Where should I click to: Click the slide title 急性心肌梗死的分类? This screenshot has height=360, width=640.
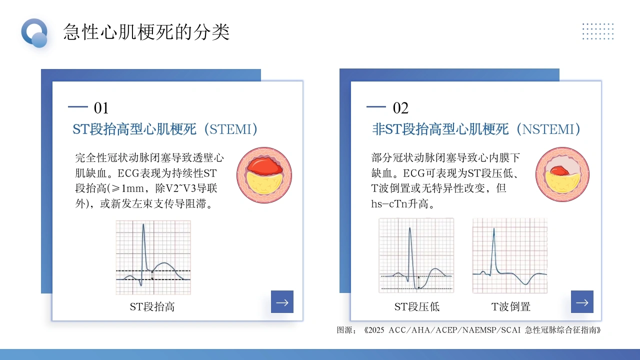[x=146, y=31]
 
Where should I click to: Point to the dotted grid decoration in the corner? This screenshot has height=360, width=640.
[x=598, y=31]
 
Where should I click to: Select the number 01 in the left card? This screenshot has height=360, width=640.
[x=101, y=108]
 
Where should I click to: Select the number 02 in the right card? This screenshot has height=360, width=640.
[x=400, y=108]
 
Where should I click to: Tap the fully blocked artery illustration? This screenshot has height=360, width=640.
[x=264, y=175]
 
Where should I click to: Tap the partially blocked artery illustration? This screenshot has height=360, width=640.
[x=562, y=174]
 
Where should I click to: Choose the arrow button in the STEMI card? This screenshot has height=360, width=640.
[x=282, y=301]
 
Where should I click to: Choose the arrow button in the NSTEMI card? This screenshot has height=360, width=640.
[x=582, y=301]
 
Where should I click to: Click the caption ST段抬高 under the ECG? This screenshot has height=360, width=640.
[x=152, y=307]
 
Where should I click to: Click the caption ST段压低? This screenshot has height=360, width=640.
[x=417, y=307]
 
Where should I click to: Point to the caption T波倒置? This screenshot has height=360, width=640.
[x=511, y=307]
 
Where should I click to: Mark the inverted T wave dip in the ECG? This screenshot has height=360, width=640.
[x=525, y=283]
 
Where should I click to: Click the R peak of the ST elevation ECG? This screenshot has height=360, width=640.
[x=143, y=224]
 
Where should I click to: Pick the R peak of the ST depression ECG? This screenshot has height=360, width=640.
[x=410, y=228]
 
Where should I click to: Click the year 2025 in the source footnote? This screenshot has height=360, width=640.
[x=376, y=330]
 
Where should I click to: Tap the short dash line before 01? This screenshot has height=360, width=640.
[x=77, y=107]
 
